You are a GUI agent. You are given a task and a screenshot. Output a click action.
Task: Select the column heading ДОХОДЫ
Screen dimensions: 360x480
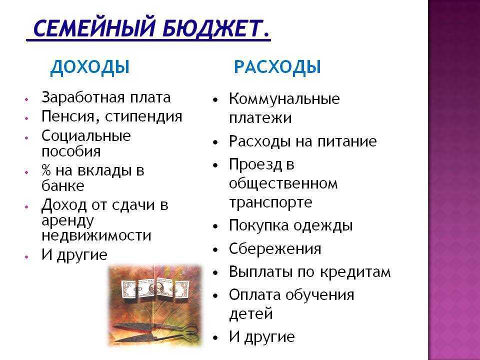[x=89, y=67]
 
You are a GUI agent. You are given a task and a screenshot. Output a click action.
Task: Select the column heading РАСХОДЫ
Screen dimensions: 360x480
[x=277, y=67]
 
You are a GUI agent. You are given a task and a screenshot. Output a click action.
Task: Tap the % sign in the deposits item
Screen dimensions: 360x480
[x=46, y=170]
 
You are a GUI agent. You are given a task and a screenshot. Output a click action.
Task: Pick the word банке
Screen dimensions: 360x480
[x=62, y=186]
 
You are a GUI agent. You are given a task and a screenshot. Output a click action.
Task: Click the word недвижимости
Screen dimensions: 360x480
[x=96, y=235]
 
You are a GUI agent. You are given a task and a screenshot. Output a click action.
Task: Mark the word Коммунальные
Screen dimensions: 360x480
[x=284, y=99]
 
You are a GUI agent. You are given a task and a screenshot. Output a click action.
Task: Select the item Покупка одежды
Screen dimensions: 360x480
[x=290, y=225]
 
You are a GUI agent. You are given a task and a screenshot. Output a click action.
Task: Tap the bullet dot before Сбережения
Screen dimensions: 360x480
[x=215, y=249]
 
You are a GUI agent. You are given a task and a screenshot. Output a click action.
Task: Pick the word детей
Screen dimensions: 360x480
[x=251, y=314]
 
